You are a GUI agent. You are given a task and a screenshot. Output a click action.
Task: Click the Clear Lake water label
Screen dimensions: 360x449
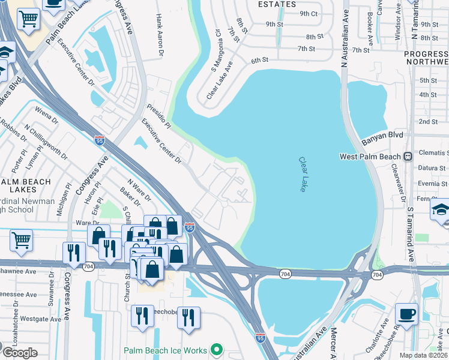304,175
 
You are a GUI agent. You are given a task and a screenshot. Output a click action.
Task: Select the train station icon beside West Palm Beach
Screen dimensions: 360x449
408,156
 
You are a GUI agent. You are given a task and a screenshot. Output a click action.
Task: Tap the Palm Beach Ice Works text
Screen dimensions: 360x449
166,350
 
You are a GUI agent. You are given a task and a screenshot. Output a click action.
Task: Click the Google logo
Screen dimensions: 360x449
20,352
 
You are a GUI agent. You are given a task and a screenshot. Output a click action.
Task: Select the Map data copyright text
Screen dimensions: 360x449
423,355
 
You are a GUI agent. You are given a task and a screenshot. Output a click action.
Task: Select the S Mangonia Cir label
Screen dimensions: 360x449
217,41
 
